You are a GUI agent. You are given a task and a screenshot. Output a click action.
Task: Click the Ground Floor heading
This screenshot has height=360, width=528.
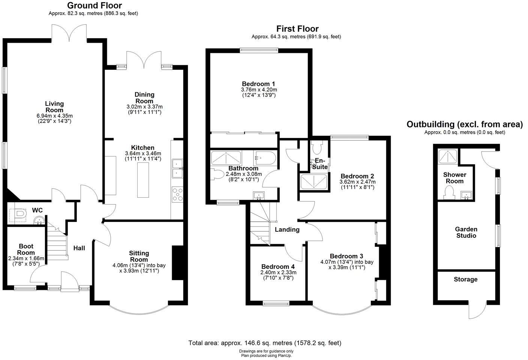(x=94, y=6)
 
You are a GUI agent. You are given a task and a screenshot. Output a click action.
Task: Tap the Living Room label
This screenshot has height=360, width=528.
(x=54, y=106)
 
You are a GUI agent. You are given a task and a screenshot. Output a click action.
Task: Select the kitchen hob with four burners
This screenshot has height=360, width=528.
(x=177, y=195)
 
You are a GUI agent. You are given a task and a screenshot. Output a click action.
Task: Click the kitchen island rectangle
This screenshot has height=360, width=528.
(x=143, y=180)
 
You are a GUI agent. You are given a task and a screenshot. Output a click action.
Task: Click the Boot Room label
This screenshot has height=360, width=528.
(x=26, y=249)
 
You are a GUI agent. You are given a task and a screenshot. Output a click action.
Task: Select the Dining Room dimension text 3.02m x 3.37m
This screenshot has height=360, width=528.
(x=144, y=107)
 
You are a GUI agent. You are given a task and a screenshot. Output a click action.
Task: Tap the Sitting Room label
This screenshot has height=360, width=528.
(x=139, y=256)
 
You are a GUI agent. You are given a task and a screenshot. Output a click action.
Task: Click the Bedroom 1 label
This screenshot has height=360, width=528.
(x=259, y=84)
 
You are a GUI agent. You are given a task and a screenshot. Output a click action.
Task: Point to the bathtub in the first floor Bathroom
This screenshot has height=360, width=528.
(x=265, y=158)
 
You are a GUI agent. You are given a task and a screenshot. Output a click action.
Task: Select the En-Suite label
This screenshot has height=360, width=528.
(x=320, y=164)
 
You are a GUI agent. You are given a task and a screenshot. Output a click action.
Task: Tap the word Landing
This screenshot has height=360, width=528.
(x=287, y=229)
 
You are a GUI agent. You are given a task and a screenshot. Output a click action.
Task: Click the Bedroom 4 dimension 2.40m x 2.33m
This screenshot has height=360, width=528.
(x=278, y=273)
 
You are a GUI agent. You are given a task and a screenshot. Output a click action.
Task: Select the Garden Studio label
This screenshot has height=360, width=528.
(x=466, y=232)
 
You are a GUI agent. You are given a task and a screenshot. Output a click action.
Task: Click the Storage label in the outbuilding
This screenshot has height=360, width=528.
(x=465, y=279)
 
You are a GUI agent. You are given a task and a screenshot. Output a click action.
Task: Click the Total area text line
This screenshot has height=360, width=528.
(x=265, y=343)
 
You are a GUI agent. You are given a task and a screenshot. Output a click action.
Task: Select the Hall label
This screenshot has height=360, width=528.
(x=79, y=248)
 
